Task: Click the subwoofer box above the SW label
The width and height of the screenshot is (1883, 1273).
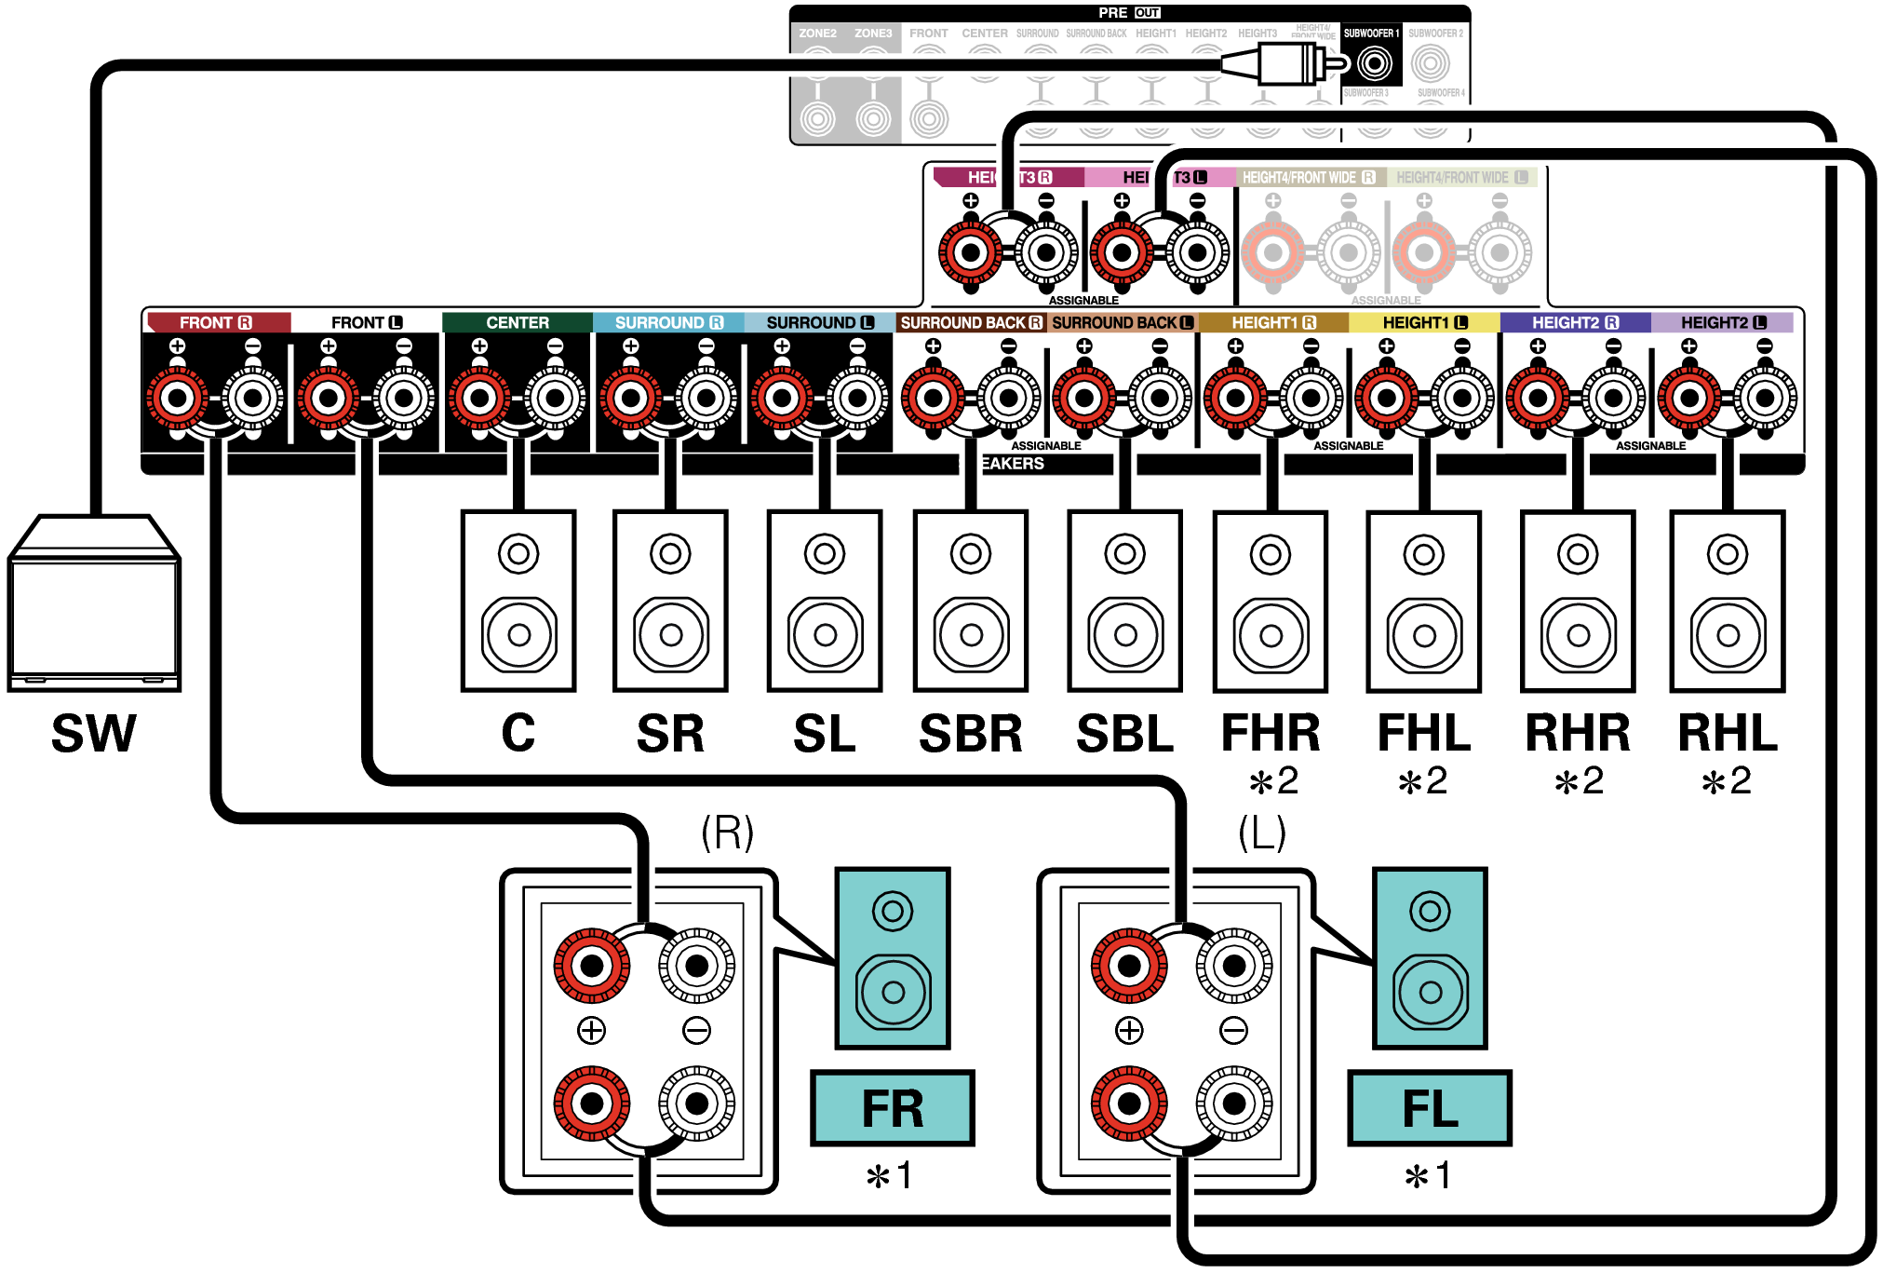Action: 94,605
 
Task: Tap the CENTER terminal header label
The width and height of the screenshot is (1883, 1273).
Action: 518,322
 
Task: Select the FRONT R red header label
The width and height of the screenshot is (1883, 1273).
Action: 216,322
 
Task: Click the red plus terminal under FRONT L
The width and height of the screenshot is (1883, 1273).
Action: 328,399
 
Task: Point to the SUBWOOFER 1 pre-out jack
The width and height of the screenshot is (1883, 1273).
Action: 1374,63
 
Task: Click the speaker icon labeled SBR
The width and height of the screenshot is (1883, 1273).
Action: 971,601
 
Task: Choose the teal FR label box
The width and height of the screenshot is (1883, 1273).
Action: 892,1108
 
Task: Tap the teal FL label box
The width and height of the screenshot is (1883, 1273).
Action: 1429,1108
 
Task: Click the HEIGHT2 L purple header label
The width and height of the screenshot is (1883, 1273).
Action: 1723,322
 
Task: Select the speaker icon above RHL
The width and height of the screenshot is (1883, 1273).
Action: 1728,601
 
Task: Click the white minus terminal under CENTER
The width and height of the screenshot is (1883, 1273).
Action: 555,399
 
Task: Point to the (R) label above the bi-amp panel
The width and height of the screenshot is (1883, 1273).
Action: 727,832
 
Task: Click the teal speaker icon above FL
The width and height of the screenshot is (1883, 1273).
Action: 1430,957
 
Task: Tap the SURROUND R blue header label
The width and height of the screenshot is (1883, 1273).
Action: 668,322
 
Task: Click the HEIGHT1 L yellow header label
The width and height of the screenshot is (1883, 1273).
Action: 1424,322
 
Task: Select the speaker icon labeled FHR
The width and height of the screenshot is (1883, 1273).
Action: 1271,601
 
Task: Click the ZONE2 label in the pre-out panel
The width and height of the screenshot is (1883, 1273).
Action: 817,34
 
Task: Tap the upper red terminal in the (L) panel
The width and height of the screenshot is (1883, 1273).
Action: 1129,966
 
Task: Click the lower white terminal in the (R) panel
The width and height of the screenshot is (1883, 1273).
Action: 696,1104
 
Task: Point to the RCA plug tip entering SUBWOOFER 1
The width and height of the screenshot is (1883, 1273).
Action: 1338,63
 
